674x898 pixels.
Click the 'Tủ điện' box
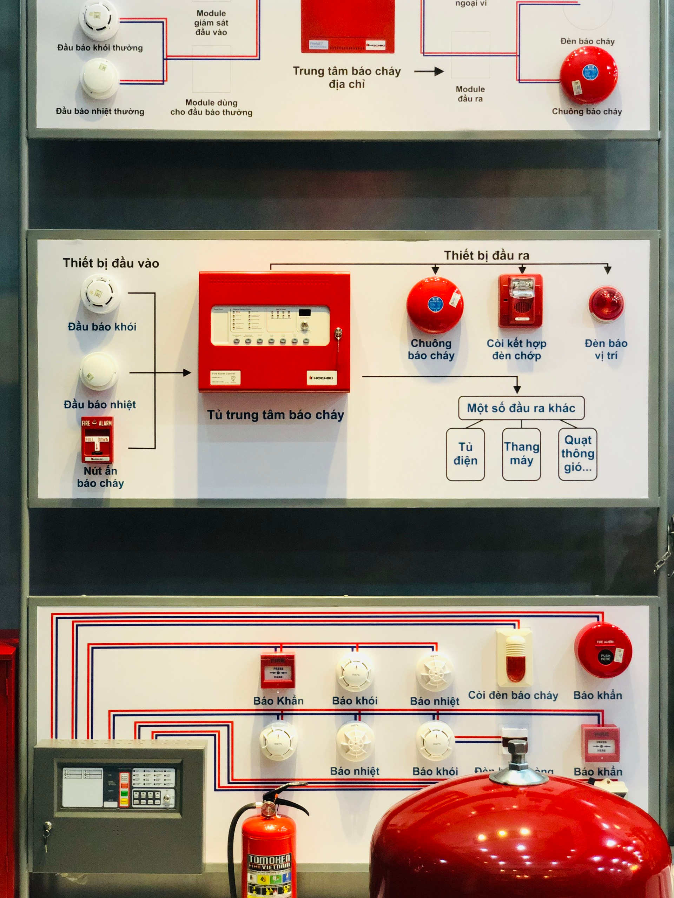click(465, 454)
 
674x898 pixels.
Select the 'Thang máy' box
click(521, 454)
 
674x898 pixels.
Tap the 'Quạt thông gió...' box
click(577, 454)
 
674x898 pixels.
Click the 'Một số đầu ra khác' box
click(521, 408)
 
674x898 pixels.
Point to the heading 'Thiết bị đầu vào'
click(111, 263)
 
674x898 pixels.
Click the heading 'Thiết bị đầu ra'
click(486, 255)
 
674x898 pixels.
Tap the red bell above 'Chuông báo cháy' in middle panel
click(434, 305)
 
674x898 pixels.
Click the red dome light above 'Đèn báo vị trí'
click(606, 304)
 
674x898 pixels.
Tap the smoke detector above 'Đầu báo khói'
click(100, 293)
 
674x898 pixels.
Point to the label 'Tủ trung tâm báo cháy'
click(276, 415)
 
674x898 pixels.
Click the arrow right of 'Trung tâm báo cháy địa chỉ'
click(429, 72)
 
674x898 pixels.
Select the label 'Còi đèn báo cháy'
click(513, 695)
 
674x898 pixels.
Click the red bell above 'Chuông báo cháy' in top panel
click(588, 75)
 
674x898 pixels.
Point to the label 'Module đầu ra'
click(470, 94)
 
